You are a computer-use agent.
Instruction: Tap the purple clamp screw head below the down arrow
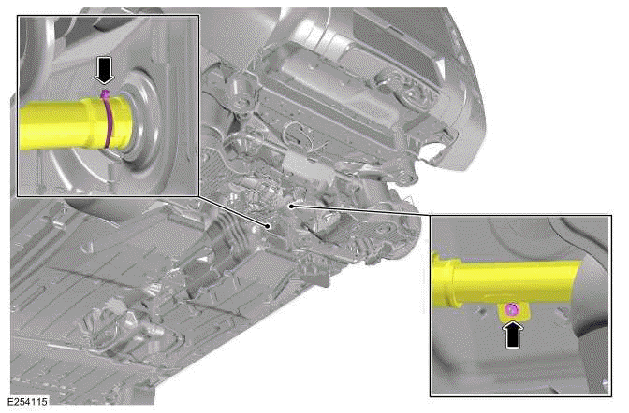106,94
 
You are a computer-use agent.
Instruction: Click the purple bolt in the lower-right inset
511,308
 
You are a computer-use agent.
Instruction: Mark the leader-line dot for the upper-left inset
270,225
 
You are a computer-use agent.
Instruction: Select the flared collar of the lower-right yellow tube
449,279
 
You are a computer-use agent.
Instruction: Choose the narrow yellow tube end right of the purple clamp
128,120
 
